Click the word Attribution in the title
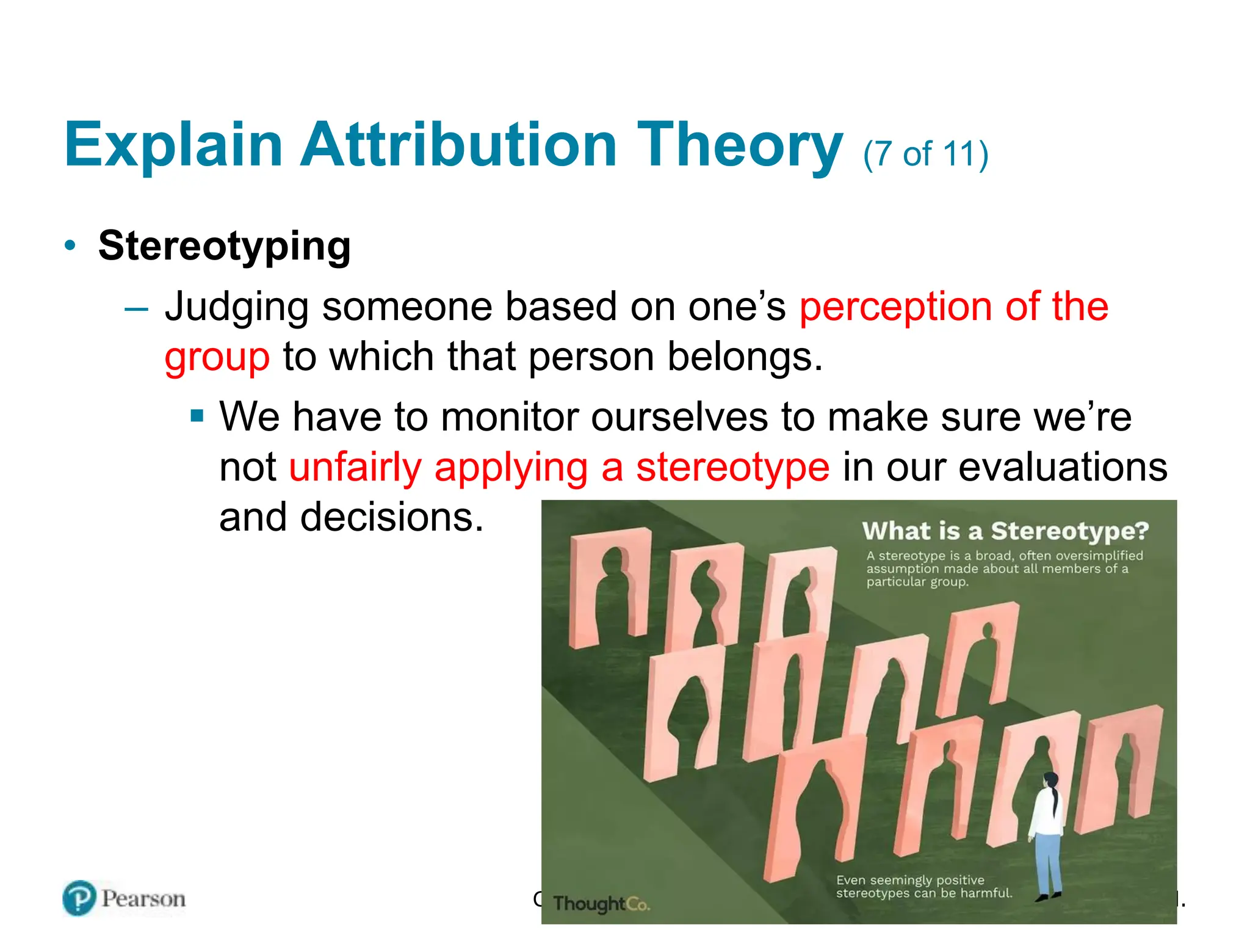(458, 145)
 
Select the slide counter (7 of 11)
(925, 154)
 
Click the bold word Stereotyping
(224, 246)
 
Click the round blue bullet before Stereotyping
(71, 245)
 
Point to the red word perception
(895, 307)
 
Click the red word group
(217, 357)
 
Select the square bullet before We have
(197, 417)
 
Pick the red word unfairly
(355, 468)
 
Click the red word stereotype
(732, 468)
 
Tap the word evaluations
(1062, 468)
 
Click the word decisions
(391, 518)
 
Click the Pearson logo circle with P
(79, 898)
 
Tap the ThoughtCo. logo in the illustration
(601, 903)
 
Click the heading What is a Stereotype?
(1005, 531)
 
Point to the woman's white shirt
(1046, 812)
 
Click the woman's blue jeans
(1048, 861)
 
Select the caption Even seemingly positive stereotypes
(923, 887)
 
